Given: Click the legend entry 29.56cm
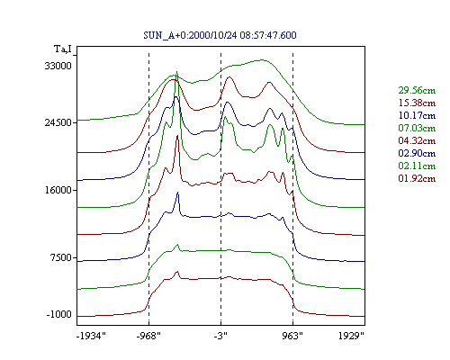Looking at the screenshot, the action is coord(417,90).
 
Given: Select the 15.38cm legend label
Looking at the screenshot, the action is coord(417,103).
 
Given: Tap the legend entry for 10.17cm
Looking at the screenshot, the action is coord(417,115).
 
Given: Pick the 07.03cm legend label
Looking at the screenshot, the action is coord(417,128).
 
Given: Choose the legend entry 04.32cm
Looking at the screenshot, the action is coord(417,140).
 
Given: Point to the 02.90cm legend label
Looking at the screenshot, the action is coord(417,153).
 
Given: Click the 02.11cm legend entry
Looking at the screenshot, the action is coord(417,166).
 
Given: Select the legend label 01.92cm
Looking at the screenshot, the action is coord(417,178).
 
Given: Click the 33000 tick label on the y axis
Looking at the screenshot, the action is coord(58,66).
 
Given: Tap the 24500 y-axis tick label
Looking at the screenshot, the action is coord(58,122).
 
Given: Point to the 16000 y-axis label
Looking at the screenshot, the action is coord(58,190).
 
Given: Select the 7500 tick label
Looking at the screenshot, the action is coord(61,257).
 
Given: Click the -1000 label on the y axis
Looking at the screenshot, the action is coord(59,314).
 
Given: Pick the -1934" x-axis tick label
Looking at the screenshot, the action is coord(91,336).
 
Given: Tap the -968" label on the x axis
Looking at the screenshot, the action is coord(148,336).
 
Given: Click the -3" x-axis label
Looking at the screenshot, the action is coord(220,336).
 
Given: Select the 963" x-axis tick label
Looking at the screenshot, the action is coord(292,336).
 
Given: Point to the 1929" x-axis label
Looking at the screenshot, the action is coord(351,336).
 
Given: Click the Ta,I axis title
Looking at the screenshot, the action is coord(63,49).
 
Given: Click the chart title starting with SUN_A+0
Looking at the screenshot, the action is coord(220,35).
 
